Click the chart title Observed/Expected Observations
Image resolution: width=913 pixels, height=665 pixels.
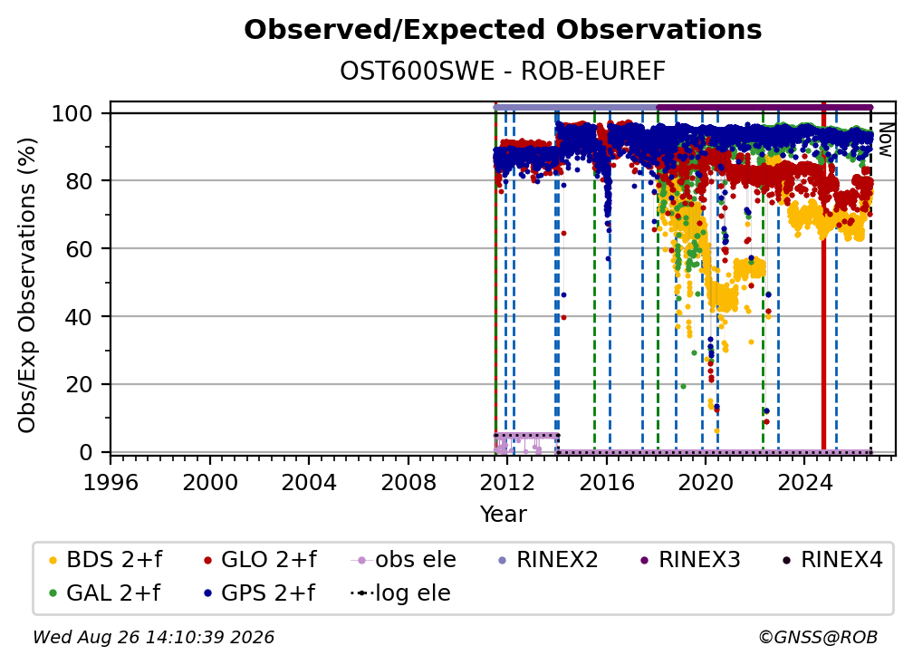click(x=503, y=30)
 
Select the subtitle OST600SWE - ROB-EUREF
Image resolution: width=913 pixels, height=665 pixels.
click(x=503, y=71)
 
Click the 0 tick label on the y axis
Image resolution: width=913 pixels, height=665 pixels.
click(x=86, y=452)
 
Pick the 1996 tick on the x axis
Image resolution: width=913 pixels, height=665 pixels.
click(x=111, y=482)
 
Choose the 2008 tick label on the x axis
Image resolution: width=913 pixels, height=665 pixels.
click(x=408, y=482)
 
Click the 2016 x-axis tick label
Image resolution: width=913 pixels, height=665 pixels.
click(x=607, y=482)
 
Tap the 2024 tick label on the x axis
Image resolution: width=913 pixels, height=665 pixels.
click(x=804, y=482)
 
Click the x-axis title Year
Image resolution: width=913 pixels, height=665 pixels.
click(x=503, y=515)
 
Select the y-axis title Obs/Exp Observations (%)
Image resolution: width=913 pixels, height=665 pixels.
click(x=27, y=285)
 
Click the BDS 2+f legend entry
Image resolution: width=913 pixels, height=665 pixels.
click(x=105, y=560)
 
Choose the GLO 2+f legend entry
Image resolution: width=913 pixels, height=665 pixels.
click(x=260, y=560)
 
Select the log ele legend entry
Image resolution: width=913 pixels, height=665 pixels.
click(x=400, y=593)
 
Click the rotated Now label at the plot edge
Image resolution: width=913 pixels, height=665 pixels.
click(x=885, y=140)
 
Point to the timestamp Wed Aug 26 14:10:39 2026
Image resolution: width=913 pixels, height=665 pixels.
click(x=153, y=637)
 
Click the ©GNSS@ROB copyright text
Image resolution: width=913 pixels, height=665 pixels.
click(x=818, y=637)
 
